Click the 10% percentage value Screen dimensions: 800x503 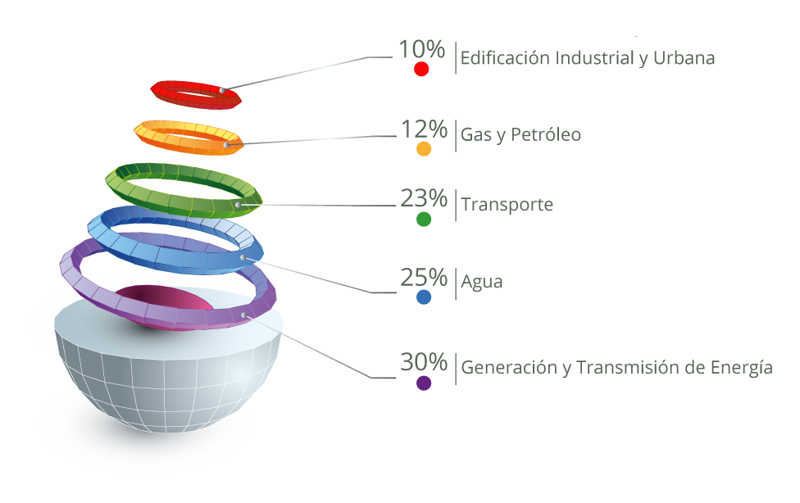coord(421,49)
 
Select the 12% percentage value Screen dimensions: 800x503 coord(424,129)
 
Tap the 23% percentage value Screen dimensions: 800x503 coord(424,198)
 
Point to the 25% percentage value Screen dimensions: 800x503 coord(424,278)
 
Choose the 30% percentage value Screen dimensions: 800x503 coord(424,362)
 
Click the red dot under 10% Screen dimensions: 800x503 coord(421,69)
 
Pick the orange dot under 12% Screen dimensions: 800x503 coord(424,148)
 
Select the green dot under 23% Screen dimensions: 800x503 coord(424,219)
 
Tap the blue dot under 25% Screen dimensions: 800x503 coord(424,297)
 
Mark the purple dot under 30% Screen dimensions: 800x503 coord(424,383)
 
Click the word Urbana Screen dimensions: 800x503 coord(684,58)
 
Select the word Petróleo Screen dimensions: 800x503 coord(546,134)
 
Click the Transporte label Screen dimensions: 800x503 coord(507,205)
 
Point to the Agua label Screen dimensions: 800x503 coord(482,282)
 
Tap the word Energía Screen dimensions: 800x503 coord(742,367)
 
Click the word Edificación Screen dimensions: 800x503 coord(505,58)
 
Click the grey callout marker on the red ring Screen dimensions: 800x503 coord(222,90)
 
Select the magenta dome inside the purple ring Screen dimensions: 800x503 coord(163,300)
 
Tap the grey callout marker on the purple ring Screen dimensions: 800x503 coord(244,315)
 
